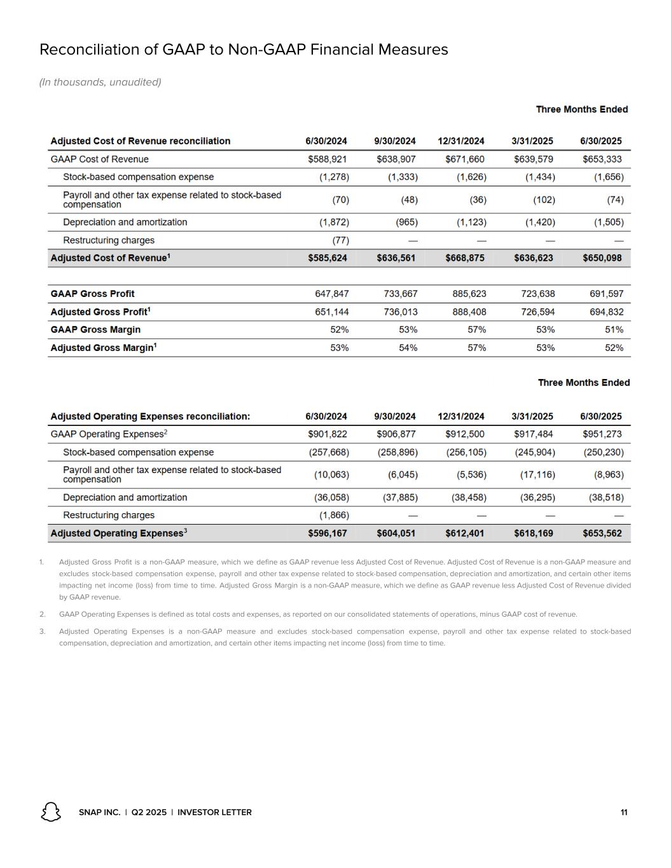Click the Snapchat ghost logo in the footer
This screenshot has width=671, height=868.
click(x=51, y=812)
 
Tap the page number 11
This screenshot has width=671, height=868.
click(x=624, y=813)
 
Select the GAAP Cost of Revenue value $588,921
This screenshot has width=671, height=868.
click(x=328, y=159)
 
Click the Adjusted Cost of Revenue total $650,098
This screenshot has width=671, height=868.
click(x=602, y=258)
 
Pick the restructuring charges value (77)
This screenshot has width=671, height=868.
click(x=341, y=240)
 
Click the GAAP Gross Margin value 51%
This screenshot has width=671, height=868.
click(x=614, y=329)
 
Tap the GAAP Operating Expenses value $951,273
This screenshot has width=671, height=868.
click(x=602, y=434)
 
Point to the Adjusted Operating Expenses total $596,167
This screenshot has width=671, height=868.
click(x=328, y=534)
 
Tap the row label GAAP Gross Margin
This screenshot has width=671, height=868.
click(x=95, y=329)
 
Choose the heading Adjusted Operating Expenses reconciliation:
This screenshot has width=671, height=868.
click(x=150, y=417)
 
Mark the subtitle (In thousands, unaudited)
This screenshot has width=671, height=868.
click(x=100, y=82)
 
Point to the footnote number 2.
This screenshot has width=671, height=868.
click(x=42, y=614)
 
